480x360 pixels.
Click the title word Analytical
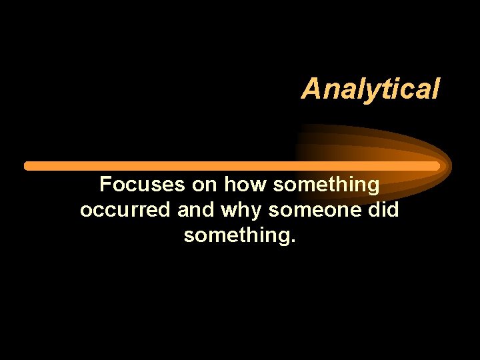pos(370,89)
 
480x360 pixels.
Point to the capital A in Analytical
pos(311,89)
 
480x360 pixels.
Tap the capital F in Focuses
pos(105,184)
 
